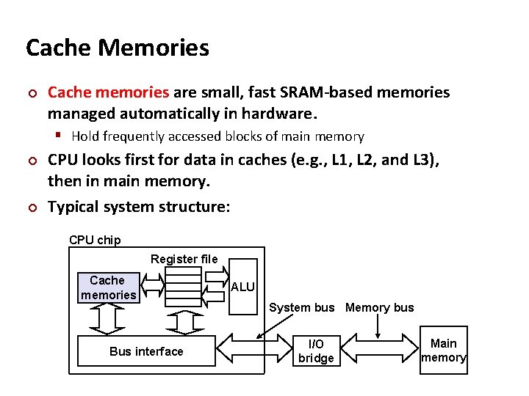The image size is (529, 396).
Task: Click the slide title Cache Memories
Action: point(117,48)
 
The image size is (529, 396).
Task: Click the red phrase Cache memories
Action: point(108,92)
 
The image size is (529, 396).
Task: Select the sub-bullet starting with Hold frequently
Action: point(217,136)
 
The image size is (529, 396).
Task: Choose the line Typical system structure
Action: point(139,207)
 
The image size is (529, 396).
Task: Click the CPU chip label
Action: point(95,240)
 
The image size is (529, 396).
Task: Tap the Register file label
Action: point(184,259)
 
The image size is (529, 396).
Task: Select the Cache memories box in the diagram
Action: point(108,287)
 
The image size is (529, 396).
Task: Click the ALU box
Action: point(243,287)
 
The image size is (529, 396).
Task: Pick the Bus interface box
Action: point(146,351)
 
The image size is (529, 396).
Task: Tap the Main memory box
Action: point(443,351)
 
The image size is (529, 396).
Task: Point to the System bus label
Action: point(301,308)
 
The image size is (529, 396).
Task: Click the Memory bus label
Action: point(379,308)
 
